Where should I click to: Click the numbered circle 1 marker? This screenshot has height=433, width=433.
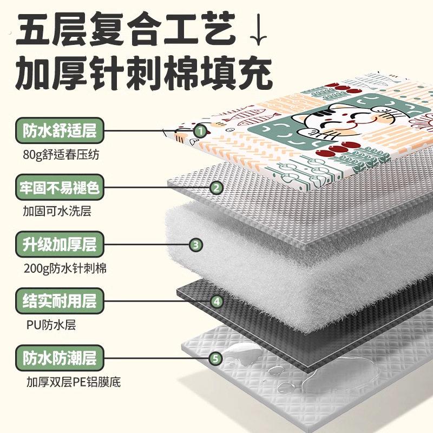click(201, 131)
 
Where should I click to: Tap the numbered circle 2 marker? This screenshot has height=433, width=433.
click(216, 188)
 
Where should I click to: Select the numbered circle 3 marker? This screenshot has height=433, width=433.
click(196, 245)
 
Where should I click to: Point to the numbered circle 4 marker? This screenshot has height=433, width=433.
click(217, 301)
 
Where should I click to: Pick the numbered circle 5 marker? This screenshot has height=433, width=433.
click(215, 359)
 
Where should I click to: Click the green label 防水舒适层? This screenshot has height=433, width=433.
click(60, 130)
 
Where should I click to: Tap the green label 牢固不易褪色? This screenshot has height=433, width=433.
click(60, 187)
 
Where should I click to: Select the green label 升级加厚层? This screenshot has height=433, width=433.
click(60, 245)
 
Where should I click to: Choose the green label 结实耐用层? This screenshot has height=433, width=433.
click(60, 301)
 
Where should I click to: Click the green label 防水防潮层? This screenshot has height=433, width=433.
click(60, 358)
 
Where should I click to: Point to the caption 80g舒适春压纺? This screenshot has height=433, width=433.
click(61, 155)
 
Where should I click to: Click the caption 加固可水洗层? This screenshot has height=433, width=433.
click(57, 212)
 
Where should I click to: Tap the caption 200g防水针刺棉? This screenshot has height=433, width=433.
click(65, 268)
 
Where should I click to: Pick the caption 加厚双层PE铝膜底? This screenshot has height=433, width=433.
click(74, 382)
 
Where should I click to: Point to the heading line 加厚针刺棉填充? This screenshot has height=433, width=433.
click(143, 73)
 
